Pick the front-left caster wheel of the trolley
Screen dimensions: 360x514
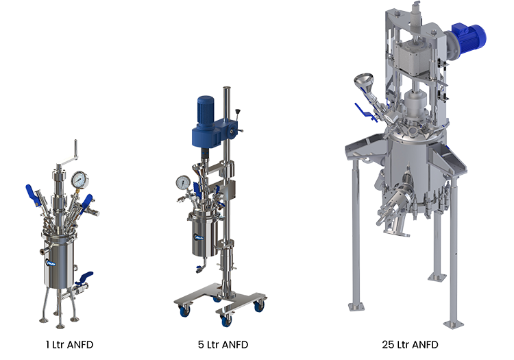[184, 311]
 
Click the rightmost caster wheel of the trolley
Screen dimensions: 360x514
[258, 307]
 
